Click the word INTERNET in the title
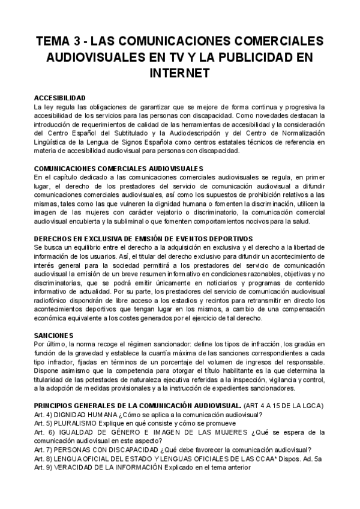(180, 73)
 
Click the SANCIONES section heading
(53, 334)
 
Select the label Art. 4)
(43, 415)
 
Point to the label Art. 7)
(43, 450)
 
